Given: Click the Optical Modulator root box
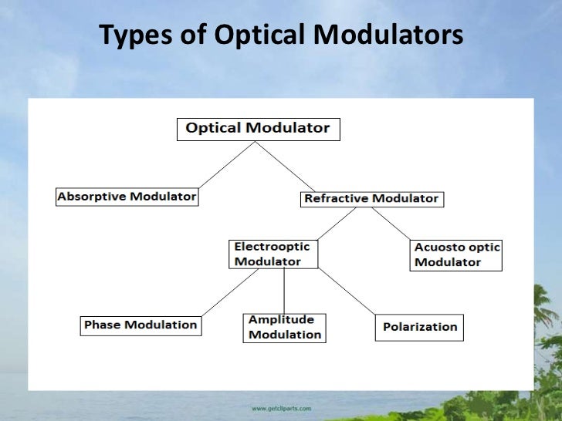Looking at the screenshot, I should (x=258, y=129).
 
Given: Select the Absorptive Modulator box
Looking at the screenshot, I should (x=127, y=197).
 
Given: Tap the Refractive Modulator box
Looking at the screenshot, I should (x=371, y=199).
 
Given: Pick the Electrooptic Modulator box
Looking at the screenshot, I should (x=273, y=254).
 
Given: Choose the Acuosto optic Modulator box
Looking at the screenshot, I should (x=456, y=254).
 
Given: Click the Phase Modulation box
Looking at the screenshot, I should (x=140, y=325).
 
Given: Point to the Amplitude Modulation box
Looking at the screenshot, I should (x=284, y=327).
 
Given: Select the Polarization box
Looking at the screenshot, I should (x=420, y=327).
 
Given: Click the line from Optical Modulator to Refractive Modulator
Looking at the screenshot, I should (x=286, y=166).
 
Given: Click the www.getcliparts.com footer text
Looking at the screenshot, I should (x=281, y=407).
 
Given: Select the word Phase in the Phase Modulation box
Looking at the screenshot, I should (x=102, y=325).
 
